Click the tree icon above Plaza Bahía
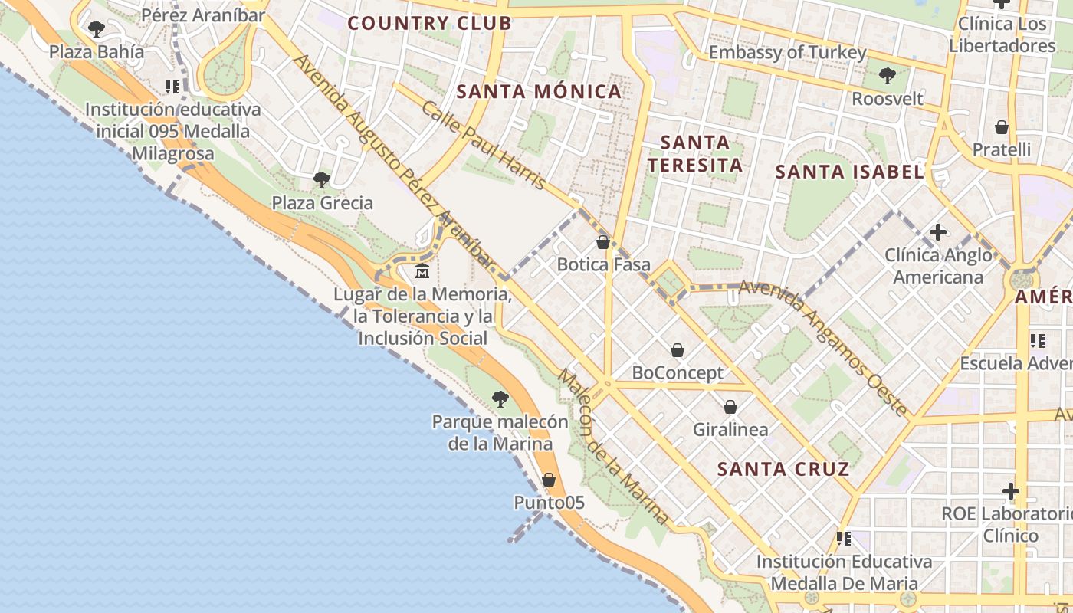click(x=96, y=29)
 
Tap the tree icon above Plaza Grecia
click(x=322, y=180)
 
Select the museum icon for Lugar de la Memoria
click(x=422, y=271)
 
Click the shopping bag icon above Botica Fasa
click(x=603, y=242)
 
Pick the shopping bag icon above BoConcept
click(x=678, y=350)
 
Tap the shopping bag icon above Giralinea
click(x=730, y=406)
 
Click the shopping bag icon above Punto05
click(x=549, y=480)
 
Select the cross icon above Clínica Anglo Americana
click(x=938, y=231)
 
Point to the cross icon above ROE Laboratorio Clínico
click(x=1011, y=490)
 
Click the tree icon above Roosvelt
click(x=888, y=75)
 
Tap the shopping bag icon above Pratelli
click(x=1001, y=126)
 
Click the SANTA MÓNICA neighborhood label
click(x=539, y=92)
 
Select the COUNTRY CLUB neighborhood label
click(x=429, y=23)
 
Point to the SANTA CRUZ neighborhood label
click(x=783, y=469)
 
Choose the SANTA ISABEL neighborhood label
click(x=849, y=172)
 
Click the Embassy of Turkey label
click(x=787, y=52)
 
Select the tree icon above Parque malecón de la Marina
click(x=500, y=398)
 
